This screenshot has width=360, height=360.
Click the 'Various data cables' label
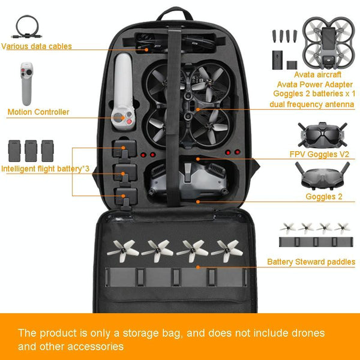(37, 46)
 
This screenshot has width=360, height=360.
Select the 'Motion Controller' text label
(38, 112)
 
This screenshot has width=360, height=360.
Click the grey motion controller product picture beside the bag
(26, 83)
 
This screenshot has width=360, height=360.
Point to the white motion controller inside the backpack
(123, 92)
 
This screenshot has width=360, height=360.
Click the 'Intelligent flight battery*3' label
(45, 169)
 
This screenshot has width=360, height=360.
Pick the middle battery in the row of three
(31, 151)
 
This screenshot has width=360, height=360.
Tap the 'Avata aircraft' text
(317, 74)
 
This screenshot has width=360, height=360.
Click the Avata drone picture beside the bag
(329, 43)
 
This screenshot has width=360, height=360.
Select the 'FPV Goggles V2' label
(319, 154)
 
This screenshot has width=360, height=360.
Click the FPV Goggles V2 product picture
(322, 135)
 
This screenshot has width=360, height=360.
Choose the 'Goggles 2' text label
(324, 197)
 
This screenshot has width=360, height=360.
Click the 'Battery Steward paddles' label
(311, 262)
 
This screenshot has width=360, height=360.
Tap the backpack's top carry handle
(175, 13)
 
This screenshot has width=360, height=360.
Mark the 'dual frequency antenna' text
(312, 104)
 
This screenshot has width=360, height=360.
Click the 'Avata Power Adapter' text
(315, 85)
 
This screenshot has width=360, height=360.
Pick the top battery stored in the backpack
(124, 149)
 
